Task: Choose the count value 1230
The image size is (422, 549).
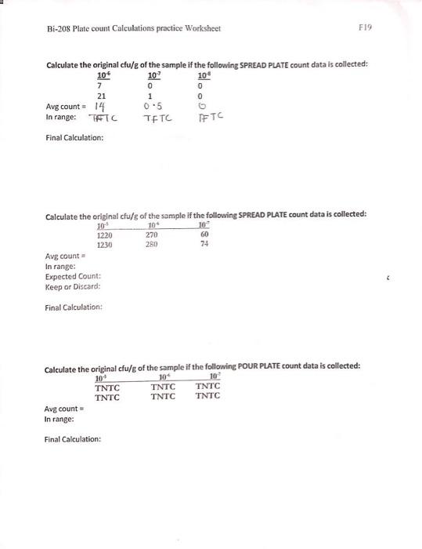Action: tap(104, 245)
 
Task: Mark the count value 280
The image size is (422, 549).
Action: tap(153, 245)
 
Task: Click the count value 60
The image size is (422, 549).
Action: tap(205, 235)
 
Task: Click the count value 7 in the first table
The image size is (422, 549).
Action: tap(100, 84)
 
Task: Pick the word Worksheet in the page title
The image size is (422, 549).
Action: tap(202, 29)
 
